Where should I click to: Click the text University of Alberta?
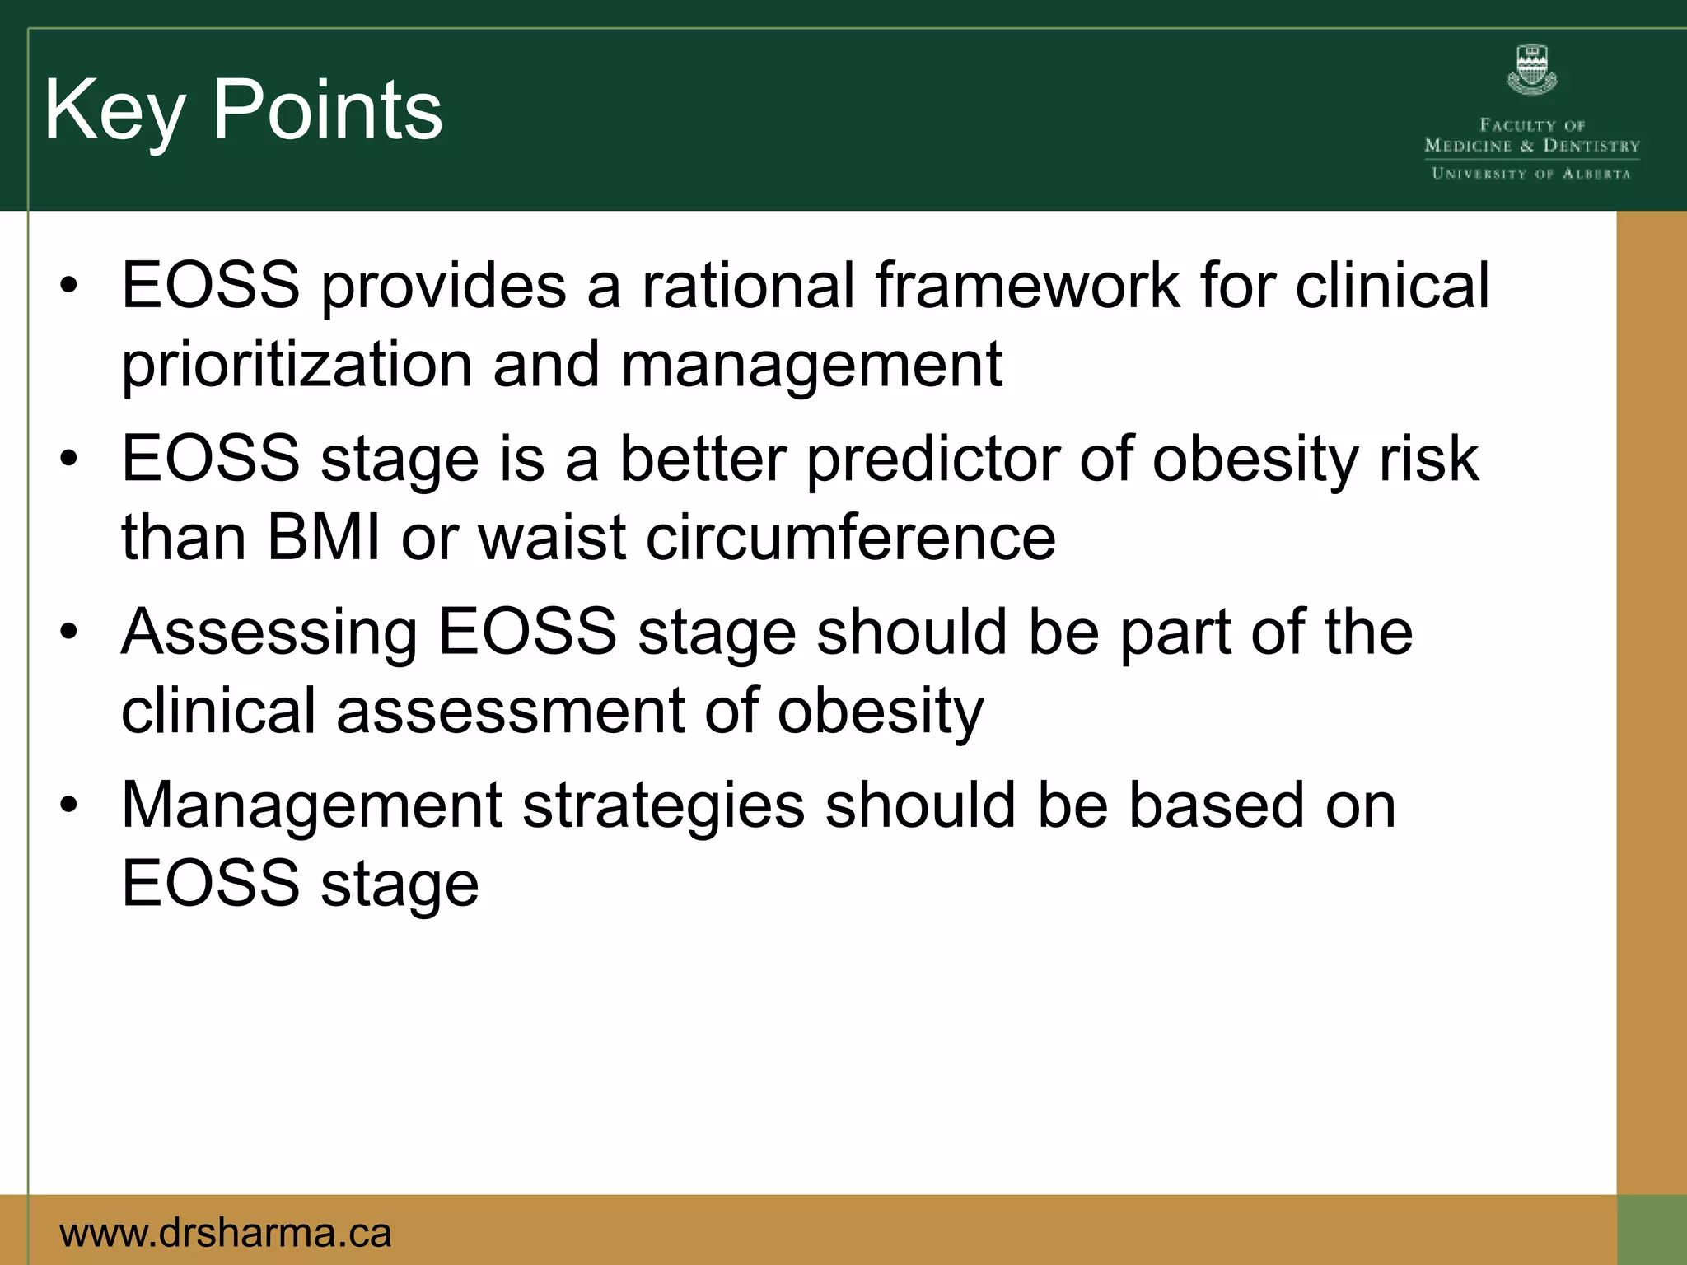(1531, 174)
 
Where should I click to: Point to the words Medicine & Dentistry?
(1532, 146)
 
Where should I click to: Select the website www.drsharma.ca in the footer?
(226, 1233)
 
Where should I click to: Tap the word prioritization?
(297, 365)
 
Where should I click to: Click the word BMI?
(324, 538)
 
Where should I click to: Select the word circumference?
(850, 538)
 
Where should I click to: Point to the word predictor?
(932, 460)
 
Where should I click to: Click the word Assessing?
(269, 632)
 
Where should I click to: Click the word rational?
(749, 286)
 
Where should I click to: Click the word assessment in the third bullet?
(510, 712)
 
